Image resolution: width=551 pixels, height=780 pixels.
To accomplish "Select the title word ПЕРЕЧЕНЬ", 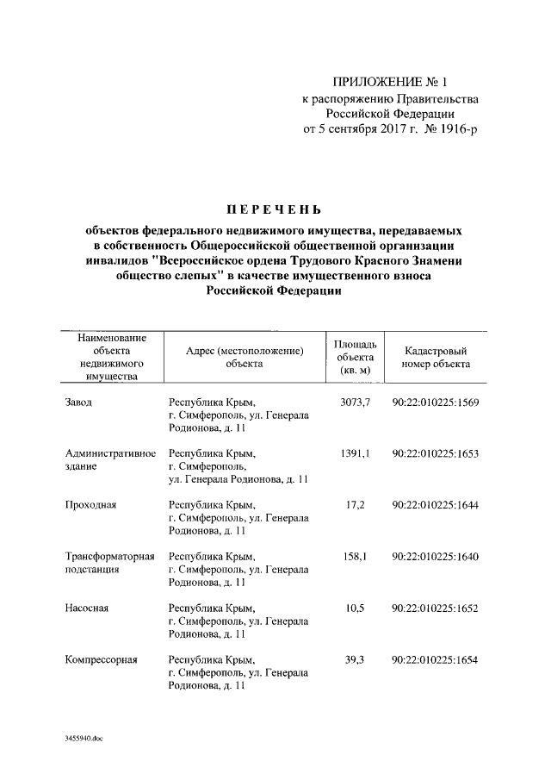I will click(x=273, y=209).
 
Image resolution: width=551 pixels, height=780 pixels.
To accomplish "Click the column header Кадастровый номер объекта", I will click(x=436, y=358).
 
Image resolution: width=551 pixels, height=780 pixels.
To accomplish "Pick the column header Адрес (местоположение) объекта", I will click(x=245, y=358).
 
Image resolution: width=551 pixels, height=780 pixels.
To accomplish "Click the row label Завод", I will click(x=79, y=402).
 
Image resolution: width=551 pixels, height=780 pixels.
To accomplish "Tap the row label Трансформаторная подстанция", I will click(x=109, y=563).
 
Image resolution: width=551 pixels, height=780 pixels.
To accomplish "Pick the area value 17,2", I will click(x=355, y=504).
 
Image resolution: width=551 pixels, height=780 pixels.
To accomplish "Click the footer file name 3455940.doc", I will click(x=84, y=739).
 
